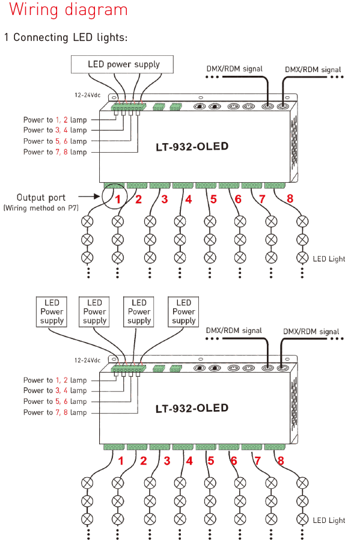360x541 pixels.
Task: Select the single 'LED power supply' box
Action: coord(122,64)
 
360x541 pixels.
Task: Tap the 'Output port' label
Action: coord(41,197)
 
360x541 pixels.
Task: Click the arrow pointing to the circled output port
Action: coord(89,197)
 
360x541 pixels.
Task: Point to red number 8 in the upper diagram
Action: coord(290,199)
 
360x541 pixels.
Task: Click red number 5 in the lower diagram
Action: coord(211,460)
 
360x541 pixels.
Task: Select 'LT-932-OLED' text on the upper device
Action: coord(192,147)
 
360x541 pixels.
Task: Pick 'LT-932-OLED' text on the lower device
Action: coord(192,409)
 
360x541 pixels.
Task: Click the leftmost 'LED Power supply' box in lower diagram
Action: coord(51,312)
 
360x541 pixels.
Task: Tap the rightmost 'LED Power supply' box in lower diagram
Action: coord(183,312)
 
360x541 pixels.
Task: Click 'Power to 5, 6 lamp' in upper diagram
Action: coord(55,141)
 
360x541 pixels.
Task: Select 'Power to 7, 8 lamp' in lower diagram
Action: coord(55,412)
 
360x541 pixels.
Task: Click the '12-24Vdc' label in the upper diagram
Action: coord(88,95)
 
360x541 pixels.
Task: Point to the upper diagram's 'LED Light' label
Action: coord(329,258)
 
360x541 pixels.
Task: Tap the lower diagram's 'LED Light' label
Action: coord(329,521)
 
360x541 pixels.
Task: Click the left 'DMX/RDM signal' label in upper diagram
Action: coord(234,69)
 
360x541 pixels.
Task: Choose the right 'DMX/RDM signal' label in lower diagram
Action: coord(311,332)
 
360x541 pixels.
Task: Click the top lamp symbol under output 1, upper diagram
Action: coord(87,221)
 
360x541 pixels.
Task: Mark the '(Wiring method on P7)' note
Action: coord(41,208)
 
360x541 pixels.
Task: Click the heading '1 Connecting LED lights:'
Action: coord(66,37)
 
